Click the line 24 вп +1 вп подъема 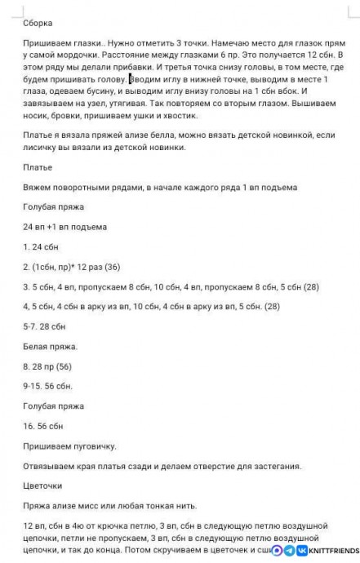[x=64, y=226]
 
